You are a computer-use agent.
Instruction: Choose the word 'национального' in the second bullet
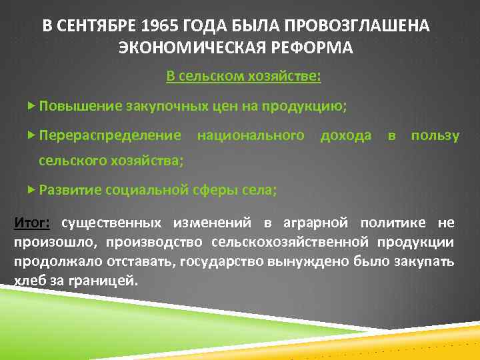click(251, 135)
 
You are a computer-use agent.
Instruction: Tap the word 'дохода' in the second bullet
click(346, 135)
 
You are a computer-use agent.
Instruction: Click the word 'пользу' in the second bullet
click(435, 135)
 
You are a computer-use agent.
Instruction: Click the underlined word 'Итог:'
click(30, 222)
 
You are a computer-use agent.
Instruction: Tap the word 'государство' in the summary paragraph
click(213, 261)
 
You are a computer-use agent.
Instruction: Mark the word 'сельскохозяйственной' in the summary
click(293, 241)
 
